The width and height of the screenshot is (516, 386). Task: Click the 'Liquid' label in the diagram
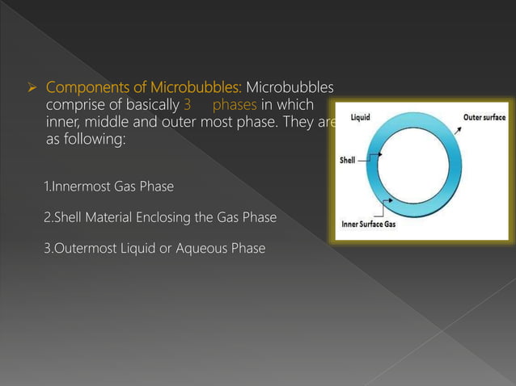[361, 118]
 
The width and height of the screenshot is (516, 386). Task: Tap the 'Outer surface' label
[484, 118]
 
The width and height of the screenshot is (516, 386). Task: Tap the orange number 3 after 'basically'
[187, 104]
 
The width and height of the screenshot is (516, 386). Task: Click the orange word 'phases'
[235, 104]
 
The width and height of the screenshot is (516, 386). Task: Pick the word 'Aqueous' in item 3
[206, 248]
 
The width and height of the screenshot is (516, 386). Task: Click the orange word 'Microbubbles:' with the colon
[197, 86]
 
